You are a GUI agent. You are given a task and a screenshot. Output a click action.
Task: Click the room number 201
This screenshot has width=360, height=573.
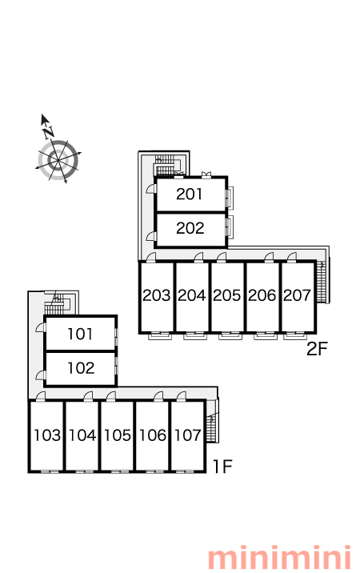pyautogui.click(x=189, y=194)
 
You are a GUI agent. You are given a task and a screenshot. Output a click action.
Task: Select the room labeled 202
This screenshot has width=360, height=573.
pyautogui.click(x=190, y=228)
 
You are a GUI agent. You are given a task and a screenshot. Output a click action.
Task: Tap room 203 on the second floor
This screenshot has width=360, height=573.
pyautogui.click(x=157, y=295)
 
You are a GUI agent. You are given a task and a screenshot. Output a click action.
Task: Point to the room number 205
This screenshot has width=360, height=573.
pyautogui.click(x=227, y=295)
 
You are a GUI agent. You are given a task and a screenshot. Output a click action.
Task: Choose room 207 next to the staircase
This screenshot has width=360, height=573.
pyautogui.click(x=297, y=295)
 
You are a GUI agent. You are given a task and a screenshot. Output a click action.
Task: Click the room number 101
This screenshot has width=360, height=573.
pyautogui.click(x=80, y=334)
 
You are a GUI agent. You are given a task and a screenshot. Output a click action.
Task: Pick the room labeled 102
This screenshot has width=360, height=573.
pyautogui.click(x=81, y=368)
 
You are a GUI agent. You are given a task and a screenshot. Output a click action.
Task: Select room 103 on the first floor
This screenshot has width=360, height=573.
pyautogui.click(x=47, y=435)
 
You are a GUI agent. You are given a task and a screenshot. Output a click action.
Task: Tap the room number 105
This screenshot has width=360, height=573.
pyautogui.click(x=118, y=435)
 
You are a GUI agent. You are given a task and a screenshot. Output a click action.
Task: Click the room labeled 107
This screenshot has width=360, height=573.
pyautogui.click(x=188, y=435)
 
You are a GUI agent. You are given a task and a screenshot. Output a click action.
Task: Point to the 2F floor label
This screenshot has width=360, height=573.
pyautogui.click(x=318, y=349)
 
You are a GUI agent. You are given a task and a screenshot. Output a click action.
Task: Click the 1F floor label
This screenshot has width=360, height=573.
pyautogui.click(x=222, y=467)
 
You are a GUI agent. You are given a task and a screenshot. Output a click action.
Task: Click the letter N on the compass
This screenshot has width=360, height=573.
pyautogui.click(x=48, y=132)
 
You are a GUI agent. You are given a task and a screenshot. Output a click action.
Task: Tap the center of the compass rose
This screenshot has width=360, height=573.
pyautogui.click(x=58, y=160)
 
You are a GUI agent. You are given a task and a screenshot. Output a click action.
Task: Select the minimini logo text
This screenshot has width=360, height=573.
pyautogui.click(x=279, y=558)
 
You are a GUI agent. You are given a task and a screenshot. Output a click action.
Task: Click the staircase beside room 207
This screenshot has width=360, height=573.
pyautogui.click(x=321, y=282)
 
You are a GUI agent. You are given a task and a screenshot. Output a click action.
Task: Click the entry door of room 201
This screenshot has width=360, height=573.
pyautogui.click(x=151, y=189)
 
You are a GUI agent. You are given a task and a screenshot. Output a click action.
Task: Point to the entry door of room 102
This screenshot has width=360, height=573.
pyautogui.click(x=40, y=375)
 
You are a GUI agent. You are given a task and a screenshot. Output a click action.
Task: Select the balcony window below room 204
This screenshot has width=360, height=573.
pyautogui.click(x=195, y=335)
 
